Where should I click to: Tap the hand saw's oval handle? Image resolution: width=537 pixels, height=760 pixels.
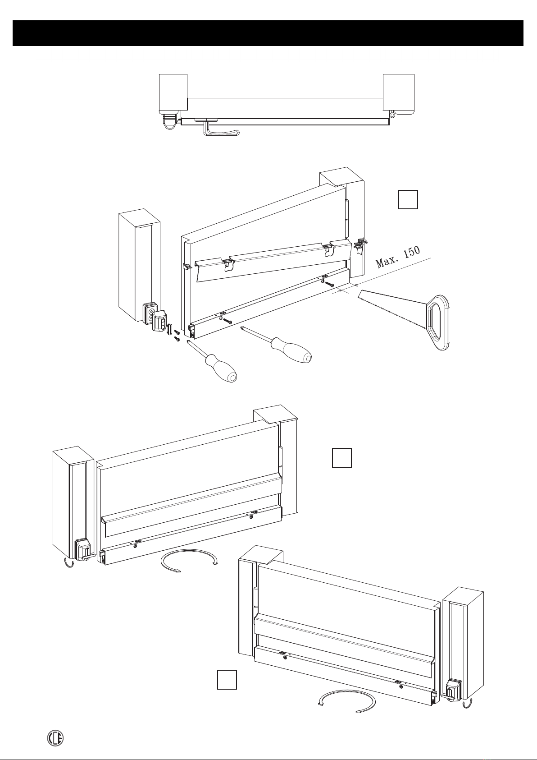click(437, 322)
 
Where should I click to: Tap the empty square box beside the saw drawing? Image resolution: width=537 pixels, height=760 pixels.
click(408, 199)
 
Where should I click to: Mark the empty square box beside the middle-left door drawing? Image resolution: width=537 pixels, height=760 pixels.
click(341, 457)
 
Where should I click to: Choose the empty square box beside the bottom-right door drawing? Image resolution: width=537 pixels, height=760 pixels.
click(227, 692)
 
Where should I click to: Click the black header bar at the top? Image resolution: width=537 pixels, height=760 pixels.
click(268, 33)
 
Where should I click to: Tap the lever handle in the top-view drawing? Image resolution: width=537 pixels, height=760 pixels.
click(220, 131)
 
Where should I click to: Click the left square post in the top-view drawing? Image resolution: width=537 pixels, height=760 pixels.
click(173, 93)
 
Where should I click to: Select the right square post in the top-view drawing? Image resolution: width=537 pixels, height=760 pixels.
click(398, 92)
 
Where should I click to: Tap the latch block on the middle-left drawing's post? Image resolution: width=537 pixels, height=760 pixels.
click(83, 549)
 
